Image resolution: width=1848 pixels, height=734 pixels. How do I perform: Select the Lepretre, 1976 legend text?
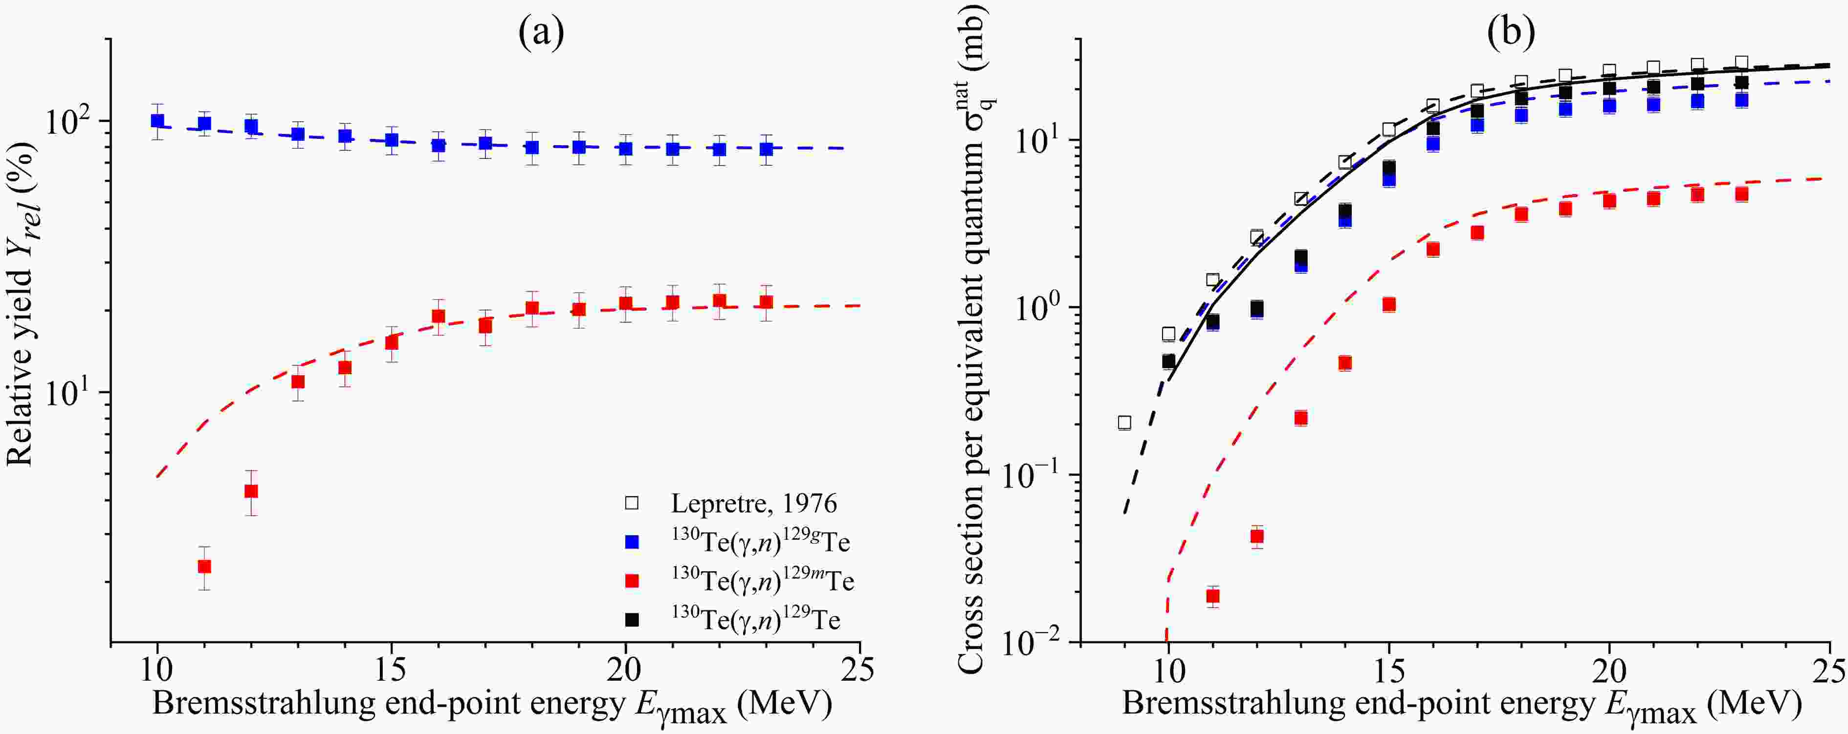(753, 504)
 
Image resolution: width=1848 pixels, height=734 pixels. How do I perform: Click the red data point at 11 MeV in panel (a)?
(204, 567)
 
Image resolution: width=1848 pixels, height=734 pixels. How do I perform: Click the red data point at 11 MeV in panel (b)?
(1213, 596)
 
